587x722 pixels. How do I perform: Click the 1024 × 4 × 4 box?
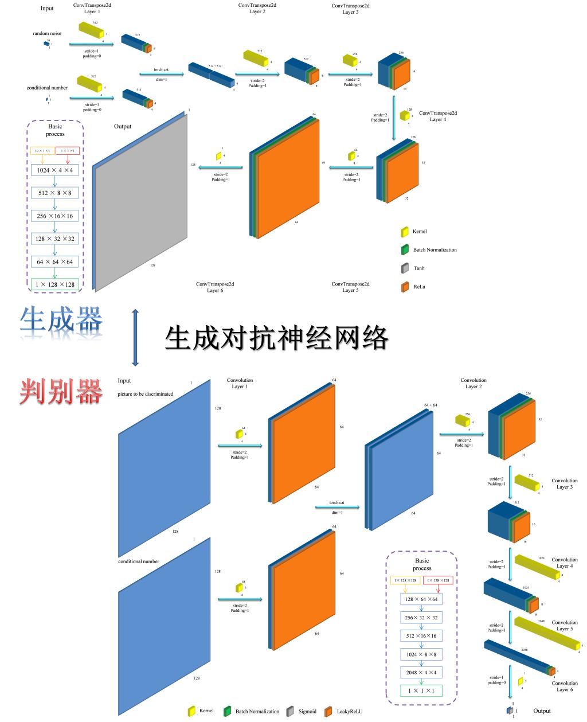55,170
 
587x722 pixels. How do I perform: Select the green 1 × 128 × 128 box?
55,284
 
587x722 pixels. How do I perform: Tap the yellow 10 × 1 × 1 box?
42,151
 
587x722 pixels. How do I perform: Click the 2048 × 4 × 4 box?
421,672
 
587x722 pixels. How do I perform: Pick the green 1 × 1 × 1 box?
421,691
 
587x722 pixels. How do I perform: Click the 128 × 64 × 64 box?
421,599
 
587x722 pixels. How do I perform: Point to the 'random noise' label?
47,34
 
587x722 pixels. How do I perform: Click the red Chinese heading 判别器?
61,392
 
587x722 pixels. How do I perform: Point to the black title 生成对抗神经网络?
276,338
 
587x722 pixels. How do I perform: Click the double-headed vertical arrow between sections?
135,337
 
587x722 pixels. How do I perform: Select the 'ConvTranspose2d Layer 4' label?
438,116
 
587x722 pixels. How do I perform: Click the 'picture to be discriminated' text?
146,394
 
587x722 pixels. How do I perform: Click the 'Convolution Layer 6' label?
565,686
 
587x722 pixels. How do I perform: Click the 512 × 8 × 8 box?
55,193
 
